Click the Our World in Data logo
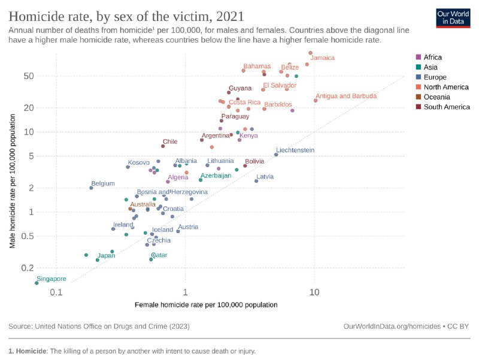point(452,17)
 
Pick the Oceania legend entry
point(437,97)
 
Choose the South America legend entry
point(446,107)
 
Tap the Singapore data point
point(37,283)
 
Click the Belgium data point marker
point(91,187)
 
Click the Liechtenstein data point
point(276,155)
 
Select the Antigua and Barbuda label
point(345,96)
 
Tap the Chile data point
point(163,146)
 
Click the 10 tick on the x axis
point(314,292)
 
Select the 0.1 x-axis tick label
point(56,292)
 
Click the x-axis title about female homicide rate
point(206,305)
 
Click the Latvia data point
point(256,181)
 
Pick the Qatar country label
point(159,255)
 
